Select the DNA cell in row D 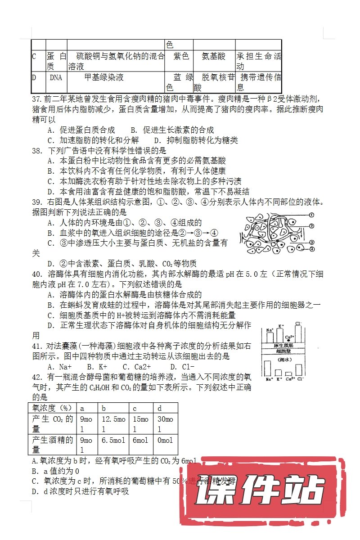click(x=56, y=77)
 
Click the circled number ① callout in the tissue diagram click(x=311, y=215)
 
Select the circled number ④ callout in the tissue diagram click(x=311, y=249)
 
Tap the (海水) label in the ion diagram click(x=284, y=360)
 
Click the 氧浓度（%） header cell click(x=50, y=408)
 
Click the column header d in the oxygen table click(x=159, y=408)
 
